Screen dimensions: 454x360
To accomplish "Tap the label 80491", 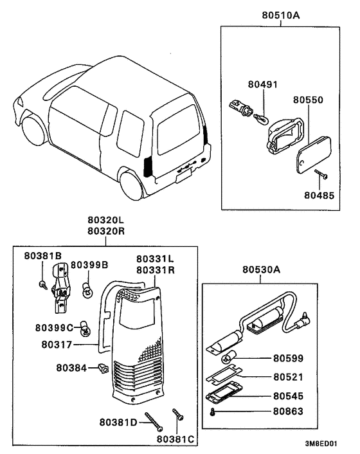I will tap(263, 84).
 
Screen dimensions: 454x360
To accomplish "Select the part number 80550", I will tap(308, 101).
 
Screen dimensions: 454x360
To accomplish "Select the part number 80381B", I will tap(43, 255).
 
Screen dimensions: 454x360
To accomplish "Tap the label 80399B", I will tap(89, 264).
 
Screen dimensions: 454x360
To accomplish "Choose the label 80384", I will tap(73, 368).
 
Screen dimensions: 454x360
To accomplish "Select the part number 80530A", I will tap(262, 271).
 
